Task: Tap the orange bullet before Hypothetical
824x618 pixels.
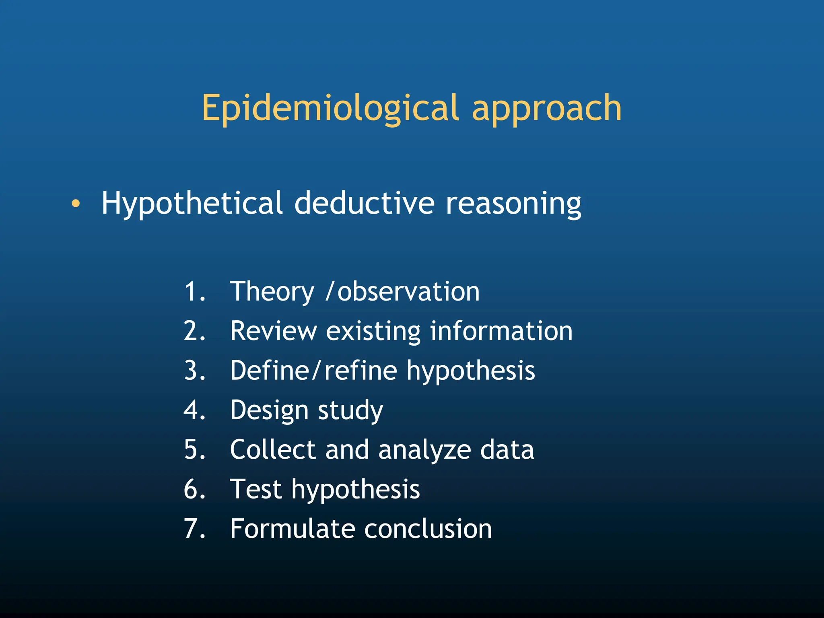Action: coord(76,204)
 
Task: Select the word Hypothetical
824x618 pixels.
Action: coord(192,204)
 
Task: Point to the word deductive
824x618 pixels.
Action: coord(364,203)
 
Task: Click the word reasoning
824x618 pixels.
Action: coord(513,204)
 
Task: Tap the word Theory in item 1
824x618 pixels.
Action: coord(272,292)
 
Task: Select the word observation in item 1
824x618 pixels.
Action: coord(408,291)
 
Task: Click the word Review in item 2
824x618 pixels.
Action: coord(274,331)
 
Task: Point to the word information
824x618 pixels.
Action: coord(501,331)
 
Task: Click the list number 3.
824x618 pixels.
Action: coord(194,370)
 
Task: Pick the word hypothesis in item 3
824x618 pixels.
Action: coord(470,371)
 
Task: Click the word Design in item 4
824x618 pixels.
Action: coord(269,410)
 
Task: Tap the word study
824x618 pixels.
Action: coord(350,410)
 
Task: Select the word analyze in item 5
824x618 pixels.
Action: coord(424,450)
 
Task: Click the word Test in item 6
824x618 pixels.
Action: coord(255,489)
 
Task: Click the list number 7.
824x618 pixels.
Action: coord(194,529)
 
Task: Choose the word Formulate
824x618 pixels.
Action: coord(292,529)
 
